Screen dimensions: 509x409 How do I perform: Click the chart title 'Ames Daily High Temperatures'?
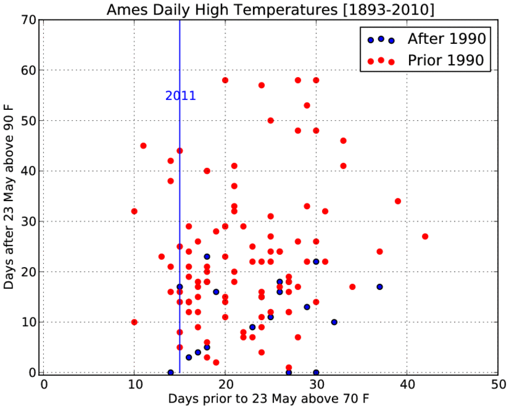[223, 10]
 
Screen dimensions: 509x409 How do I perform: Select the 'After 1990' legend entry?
[427, 39]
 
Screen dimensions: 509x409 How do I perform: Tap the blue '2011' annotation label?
[181, 96]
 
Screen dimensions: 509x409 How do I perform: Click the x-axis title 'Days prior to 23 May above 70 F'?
[269, 398]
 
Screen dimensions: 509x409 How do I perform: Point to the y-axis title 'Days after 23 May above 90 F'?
[9, 197]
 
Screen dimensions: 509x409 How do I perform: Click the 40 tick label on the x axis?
[407, 384]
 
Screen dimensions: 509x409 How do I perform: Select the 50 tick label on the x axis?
[498, 384]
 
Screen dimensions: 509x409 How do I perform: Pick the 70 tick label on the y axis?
[29, 20]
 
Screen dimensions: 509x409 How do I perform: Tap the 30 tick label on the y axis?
[29, 221]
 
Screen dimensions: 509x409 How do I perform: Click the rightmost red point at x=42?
[425, 236]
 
